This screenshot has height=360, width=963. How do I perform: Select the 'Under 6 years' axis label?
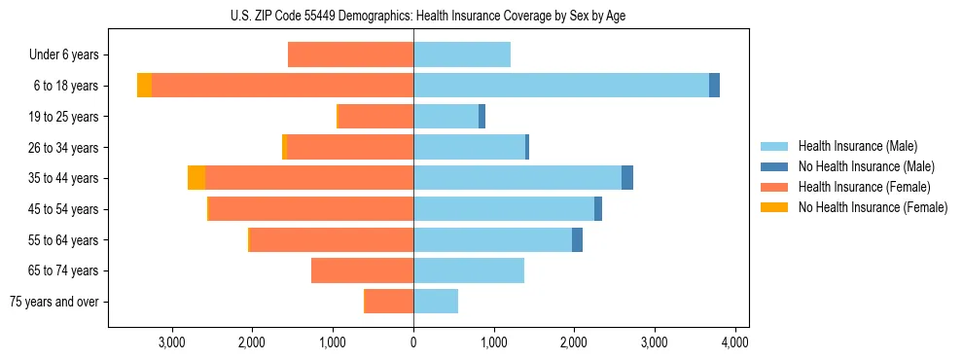point(69,55)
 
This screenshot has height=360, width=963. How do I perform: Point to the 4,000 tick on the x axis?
point(734,342)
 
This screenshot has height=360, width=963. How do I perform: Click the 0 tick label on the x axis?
point(413,342)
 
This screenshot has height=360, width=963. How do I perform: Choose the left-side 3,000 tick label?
point(171,342)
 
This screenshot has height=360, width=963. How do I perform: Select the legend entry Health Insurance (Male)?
point(857,146)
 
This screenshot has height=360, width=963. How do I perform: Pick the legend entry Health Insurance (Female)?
point(864,187)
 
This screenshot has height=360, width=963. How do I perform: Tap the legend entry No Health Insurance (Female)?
point(873,207)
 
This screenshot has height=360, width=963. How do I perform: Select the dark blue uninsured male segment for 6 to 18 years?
point(714,86)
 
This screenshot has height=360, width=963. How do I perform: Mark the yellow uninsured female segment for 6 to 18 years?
point(144,86)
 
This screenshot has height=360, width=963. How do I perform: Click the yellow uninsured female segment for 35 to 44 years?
point(196,178)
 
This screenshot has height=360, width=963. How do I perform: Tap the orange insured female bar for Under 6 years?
point(350,55)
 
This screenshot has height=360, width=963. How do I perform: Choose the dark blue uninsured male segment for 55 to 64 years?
point(577,239)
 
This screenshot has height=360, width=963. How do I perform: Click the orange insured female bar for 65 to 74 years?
point(362,270)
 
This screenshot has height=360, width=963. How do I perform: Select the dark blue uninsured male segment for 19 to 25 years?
point(481,117)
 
